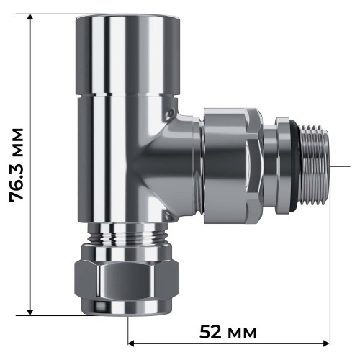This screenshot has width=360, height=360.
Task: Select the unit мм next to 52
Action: [241, 333]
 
